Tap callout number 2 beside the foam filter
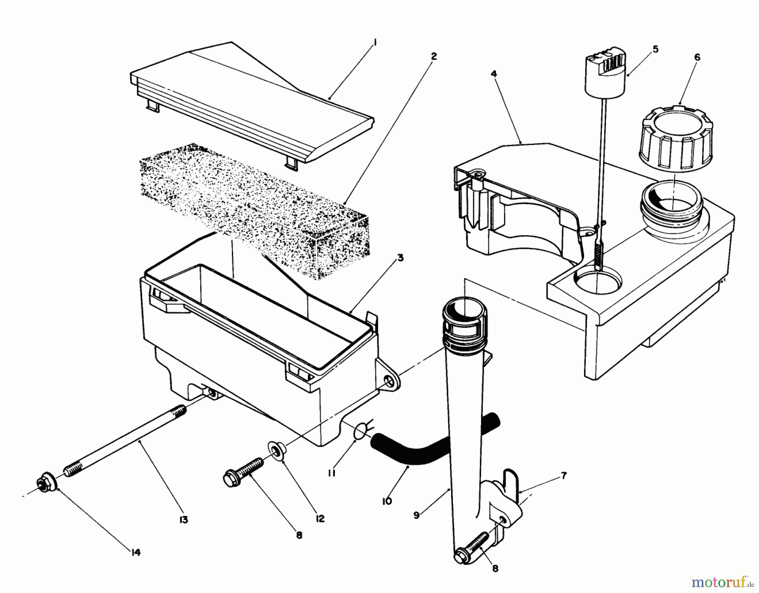point(434,57)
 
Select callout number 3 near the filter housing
point(400,258)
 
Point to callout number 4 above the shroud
point(494,74)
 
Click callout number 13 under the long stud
point(183,520)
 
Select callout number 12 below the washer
point(320,519)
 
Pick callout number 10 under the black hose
point(387,501)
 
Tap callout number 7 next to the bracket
point(564,476)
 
